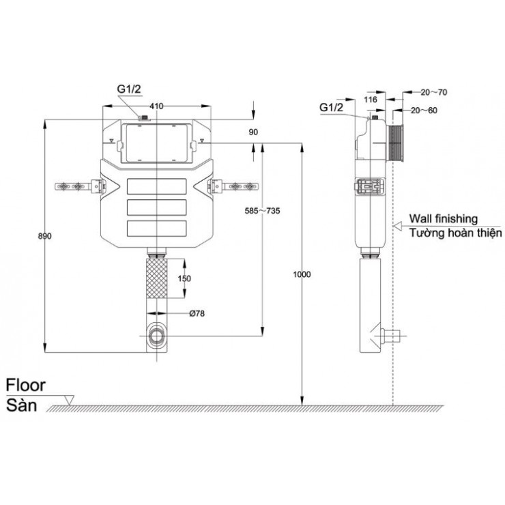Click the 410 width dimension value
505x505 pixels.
[x=156, y=106]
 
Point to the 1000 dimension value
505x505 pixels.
[x=301, y=274]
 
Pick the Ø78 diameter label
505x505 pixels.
[x=198, y=314]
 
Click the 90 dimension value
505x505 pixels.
[x=253, y=132]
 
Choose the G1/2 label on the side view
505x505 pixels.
[x=331, y=107]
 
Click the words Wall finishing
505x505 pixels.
[x=443, y=218]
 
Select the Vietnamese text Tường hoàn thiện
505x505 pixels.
[x=454, y=233]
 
